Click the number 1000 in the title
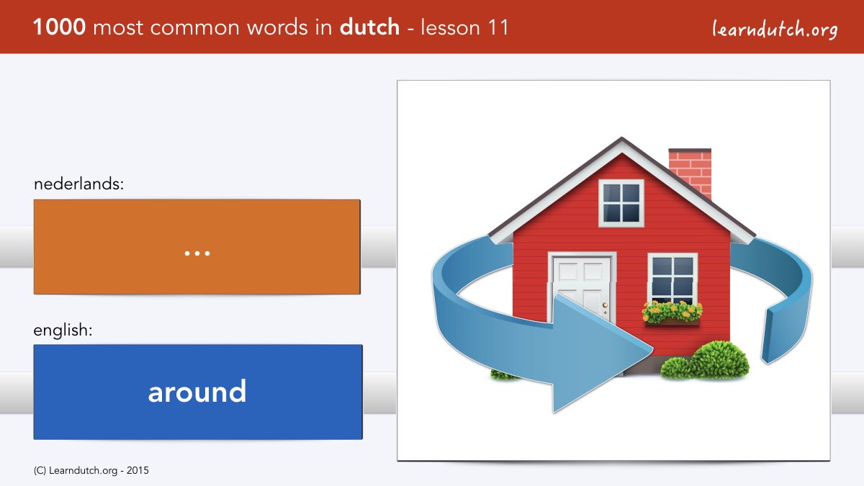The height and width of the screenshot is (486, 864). coord(59,27)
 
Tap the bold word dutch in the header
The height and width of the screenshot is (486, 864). coord(369,27)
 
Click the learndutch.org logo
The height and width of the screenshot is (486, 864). coord(775,30)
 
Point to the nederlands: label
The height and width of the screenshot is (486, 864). coord(78,184)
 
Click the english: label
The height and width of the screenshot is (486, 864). coord(63,330)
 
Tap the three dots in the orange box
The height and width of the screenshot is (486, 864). coord(197,253)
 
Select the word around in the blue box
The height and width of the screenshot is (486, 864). coord(197,392)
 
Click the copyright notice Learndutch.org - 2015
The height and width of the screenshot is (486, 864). coord(91,471)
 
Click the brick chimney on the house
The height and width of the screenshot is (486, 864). coord(690,172)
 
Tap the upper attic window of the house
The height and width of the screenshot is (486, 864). coord(621,203)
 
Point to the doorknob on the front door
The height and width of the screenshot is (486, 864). coord(605,306)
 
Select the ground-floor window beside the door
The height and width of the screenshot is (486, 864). coord(672,279)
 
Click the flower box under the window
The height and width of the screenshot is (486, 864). coord(672,313)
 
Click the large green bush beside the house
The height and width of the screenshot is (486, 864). coord(720,360)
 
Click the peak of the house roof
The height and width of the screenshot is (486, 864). coord(621,138)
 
